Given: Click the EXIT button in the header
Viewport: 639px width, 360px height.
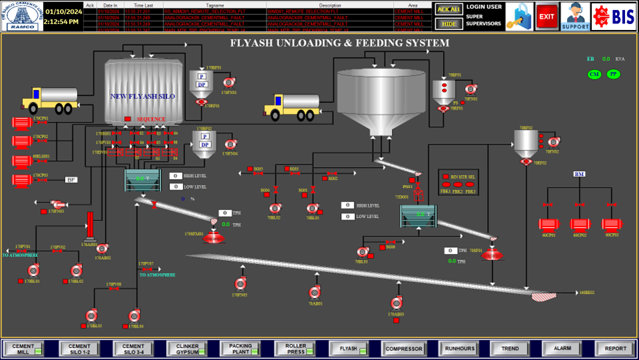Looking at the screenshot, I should [x=546, y=16].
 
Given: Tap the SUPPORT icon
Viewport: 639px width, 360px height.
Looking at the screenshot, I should [x=574, y=16].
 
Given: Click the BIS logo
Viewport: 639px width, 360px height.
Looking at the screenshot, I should [x=614, y=16].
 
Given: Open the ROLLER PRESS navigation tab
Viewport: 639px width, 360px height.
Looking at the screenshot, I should [x=296, y=348].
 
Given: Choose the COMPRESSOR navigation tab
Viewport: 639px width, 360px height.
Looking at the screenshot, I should [x=404, y=348].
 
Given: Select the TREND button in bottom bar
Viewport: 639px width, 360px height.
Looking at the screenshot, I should [x=510, y=348].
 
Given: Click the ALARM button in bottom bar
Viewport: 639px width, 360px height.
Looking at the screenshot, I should [x=562, y=348].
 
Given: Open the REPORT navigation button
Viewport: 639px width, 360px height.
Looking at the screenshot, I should [x=615, y=348].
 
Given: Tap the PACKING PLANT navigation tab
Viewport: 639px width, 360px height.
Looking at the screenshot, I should [x=241, y=348].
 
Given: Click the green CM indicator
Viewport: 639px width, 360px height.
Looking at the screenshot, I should [x=594, y=74].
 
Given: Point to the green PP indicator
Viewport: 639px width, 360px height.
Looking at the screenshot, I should [x=613, y=74].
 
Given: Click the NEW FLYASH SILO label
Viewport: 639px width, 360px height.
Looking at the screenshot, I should [x=143, y=97].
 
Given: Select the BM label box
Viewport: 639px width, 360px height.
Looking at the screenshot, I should [x=579, y=174].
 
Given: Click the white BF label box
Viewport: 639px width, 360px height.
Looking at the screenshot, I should [x=71, y=180].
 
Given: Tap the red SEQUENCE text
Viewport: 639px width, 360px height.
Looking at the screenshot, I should [x=151, y=119].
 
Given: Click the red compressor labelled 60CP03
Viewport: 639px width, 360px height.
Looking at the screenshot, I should [x=611, y=224].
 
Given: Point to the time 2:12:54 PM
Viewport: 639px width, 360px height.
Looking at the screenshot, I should [x=62, y=22].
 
